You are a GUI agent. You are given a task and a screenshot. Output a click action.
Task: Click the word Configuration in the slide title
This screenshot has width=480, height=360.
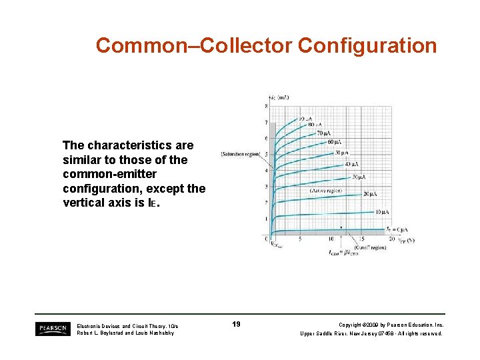coord(367,45)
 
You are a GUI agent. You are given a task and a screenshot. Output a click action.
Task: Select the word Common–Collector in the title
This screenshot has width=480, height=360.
coord(194,45)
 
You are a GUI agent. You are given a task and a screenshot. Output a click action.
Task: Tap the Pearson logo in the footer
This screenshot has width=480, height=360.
coord(53,328)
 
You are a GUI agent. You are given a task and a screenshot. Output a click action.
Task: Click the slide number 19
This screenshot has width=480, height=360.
coord(236,324)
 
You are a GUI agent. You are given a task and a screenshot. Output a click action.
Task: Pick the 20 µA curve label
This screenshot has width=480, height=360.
coord(370,193)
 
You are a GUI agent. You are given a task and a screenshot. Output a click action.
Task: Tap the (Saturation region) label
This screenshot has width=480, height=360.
coord(241,155)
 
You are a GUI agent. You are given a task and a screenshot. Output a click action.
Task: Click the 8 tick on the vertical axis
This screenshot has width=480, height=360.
coord(266,106)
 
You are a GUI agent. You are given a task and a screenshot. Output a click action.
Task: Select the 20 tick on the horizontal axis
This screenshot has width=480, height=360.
coord(391,239)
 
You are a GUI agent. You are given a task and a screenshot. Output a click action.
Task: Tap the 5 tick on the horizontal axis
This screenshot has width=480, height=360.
coord(300,239)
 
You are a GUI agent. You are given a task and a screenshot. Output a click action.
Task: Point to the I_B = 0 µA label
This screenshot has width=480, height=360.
coord(394,228)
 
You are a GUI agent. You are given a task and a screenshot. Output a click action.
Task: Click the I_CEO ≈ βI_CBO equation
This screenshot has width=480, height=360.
coord(343,253)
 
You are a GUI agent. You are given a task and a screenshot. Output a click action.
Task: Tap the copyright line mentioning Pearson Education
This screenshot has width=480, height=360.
coord(391,325)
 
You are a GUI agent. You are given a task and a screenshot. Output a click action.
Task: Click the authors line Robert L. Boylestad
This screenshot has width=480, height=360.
coord(125,333)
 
